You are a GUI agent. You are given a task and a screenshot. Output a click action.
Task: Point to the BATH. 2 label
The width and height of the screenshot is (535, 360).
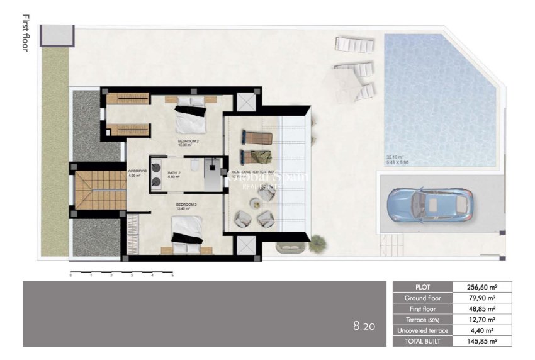tap(174, 174)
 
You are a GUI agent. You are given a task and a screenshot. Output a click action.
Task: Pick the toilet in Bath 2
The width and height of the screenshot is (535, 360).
tap(195, 166)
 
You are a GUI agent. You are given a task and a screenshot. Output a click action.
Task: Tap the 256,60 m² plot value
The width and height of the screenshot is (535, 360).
tap(482, 286)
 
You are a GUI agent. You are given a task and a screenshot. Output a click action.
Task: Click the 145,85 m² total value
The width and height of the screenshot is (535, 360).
tap(482, 341)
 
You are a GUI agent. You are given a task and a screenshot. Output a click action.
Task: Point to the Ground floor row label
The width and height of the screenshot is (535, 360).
tap(422, 298)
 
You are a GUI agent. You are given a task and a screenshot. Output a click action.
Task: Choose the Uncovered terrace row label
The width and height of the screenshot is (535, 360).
tap(422, 330)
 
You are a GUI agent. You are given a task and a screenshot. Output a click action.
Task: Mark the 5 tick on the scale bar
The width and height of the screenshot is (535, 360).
tap(172, 275)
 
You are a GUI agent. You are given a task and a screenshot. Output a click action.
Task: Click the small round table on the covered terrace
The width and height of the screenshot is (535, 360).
tap(255, 203)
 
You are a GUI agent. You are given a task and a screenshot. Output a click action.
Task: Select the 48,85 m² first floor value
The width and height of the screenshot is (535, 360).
tap(482, 308)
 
